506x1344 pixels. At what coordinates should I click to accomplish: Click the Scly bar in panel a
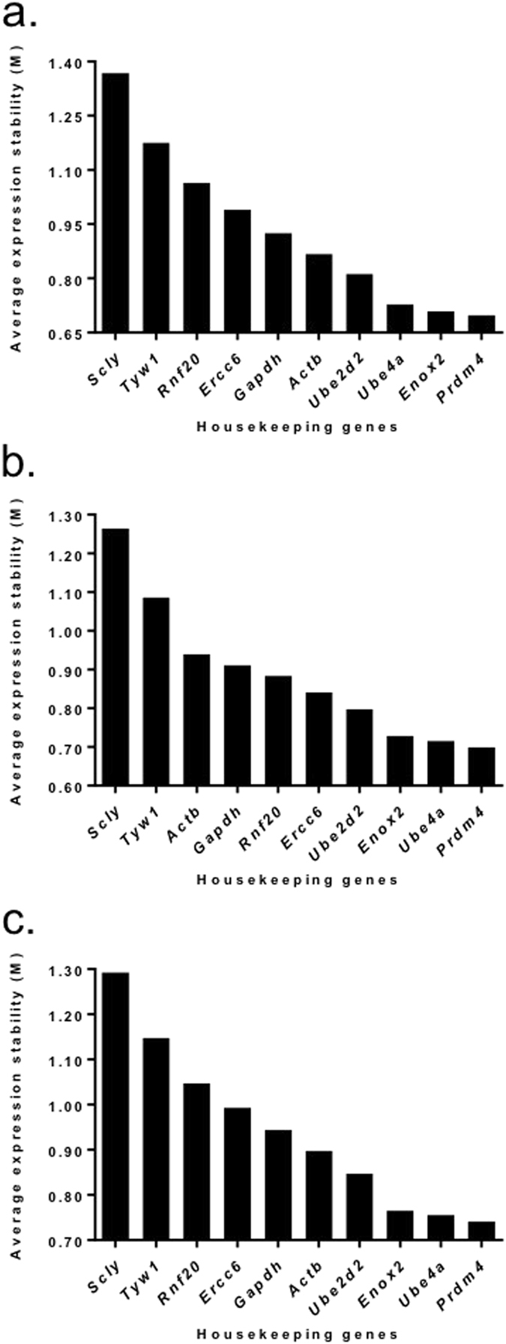115,202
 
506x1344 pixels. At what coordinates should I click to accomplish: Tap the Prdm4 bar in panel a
481,324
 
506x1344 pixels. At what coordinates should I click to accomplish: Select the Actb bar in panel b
196,720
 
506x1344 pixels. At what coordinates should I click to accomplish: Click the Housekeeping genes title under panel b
297,880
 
